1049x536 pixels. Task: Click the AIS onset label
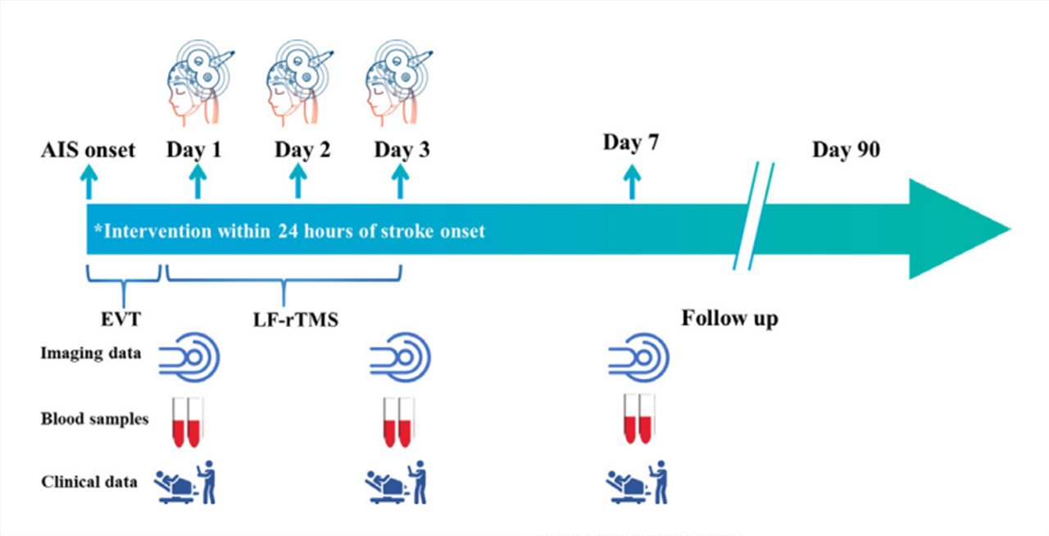pyautogui.click(x=89, y=151)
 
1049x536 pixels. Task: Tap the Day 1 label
pyautogui.click(x=194, y=151)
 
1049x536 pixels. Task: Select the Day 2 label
pyautogui.click(x=302, y=151)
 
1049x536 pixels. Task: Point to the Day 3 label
pyautogui.click(x=402, y=151)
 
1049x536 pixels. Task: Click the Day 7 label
pyautogui.click(x=631, y=143)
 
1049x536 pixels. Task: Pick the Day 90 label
pyautogui.click(x=846, y=150)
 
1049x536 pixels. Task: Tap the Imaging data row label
pyautogui.click(x=91, y=354)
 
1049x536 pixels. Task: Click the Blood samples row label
pyautogui.click(x=95, y=419)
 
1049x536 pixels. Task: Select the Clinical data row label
pyautogui.click(x=89, y=481)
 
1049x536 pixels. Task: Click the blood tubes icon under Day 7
pyautogui.click(x=638, y=419)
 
